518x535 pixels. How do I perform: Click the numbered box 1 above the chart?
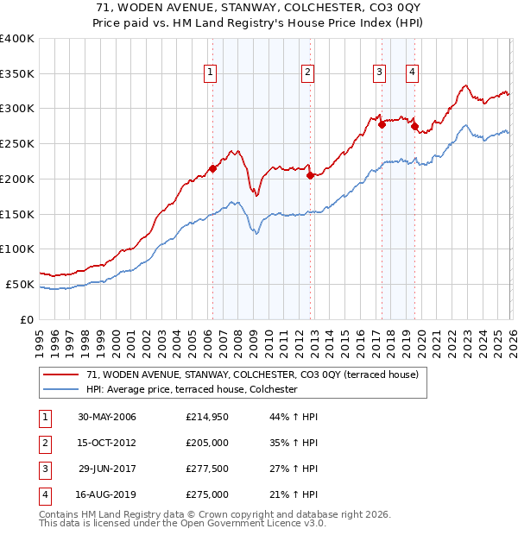(210, 73)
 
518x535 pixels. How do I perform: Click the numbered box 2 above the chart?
(307, 73)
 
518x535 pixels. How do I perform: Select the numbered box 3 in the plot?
(379, 73)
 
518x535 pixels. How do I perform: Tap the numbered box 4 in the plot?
(413, 73)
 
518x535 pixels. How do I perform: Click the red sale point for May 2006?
(213, 168)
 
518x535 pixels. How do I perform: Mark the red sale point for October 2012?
(310, 175)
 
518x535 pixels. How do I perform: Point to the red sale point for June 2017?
(382, 124)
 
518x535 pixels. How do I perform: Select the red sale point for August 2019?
(414, 126)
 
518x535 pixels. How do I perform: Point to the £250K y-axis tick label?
(16, 144)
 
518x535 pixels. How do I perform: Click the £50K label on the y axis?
(20, 284)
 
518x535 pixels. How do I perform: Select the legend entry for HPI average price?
(192, 390)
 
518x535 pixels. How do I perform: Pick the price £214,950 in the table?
(207, 417)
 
